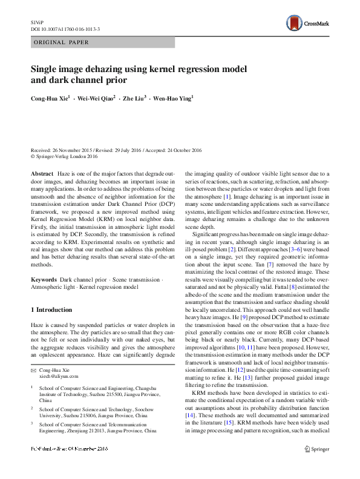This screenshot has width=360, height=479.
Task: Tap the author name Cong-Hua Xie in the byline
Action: pos(50,97)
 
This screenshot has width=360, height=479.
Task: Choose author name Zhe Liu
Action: pos(135,97)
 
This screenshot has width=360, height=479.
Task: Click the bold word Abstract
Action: pos(42,174)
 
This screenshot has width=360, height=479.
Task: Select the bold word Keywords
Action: pos(44,280)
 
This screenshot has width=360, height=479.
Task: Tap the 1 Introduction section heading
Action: pos(51,310)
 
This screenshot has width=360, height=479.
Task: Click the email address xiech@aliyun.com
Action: pos(58,376)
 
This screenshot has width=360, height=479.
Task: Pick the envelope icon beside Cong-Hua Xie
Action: pos(34,369)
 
